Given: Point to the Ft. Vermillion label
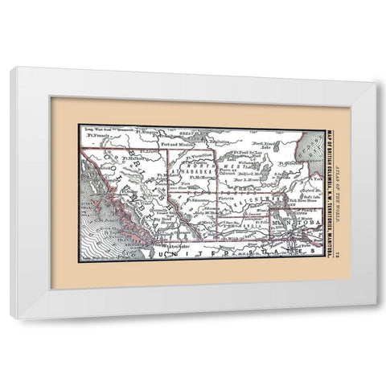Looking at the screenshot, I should [198, 155].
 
